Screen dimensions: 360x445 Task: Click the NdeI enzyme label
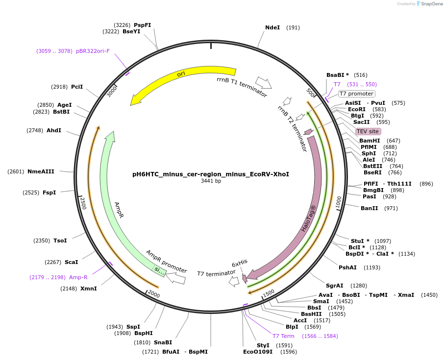(272, 27)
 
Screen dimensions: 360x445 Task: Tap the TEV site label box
(368, 131)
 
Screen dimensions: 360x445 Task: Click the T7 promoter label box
(356, 94)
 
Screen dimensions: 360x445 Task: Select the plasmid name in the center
(211, 174)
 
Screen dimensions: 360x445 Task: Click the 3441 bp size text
(211, 181)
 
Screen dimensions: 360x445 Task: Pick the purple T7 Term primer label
(283, 336)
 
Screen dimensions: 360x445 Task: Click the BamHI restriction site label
(370, 141)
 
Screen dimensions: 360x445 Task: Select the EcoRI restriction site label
(357, 109)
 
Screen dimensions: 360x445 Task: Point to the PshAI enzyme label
(347, 267)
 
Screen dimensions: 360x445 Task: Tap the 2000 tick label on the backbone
(154, 294)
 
